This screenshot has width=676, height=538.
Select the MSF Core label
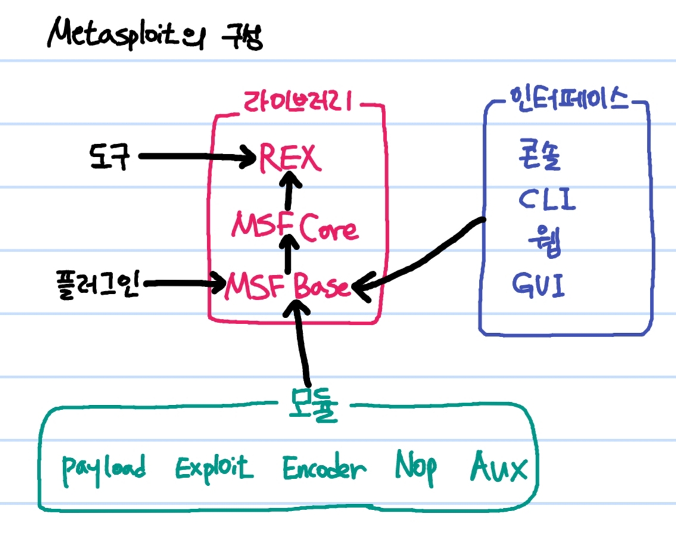[x=295, y=228]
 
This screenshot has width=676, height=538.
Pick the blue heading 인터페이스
[x=565, y=98]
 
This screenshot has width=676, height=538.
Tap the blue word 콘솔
[x=540, y=159]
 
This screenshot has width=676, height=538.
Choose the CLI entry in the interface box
[x=546, y=200]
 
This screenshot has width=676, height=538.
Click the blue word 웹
[x=544, y=242]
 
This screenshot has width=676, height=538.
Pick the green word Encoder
[x=323, y=468]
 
